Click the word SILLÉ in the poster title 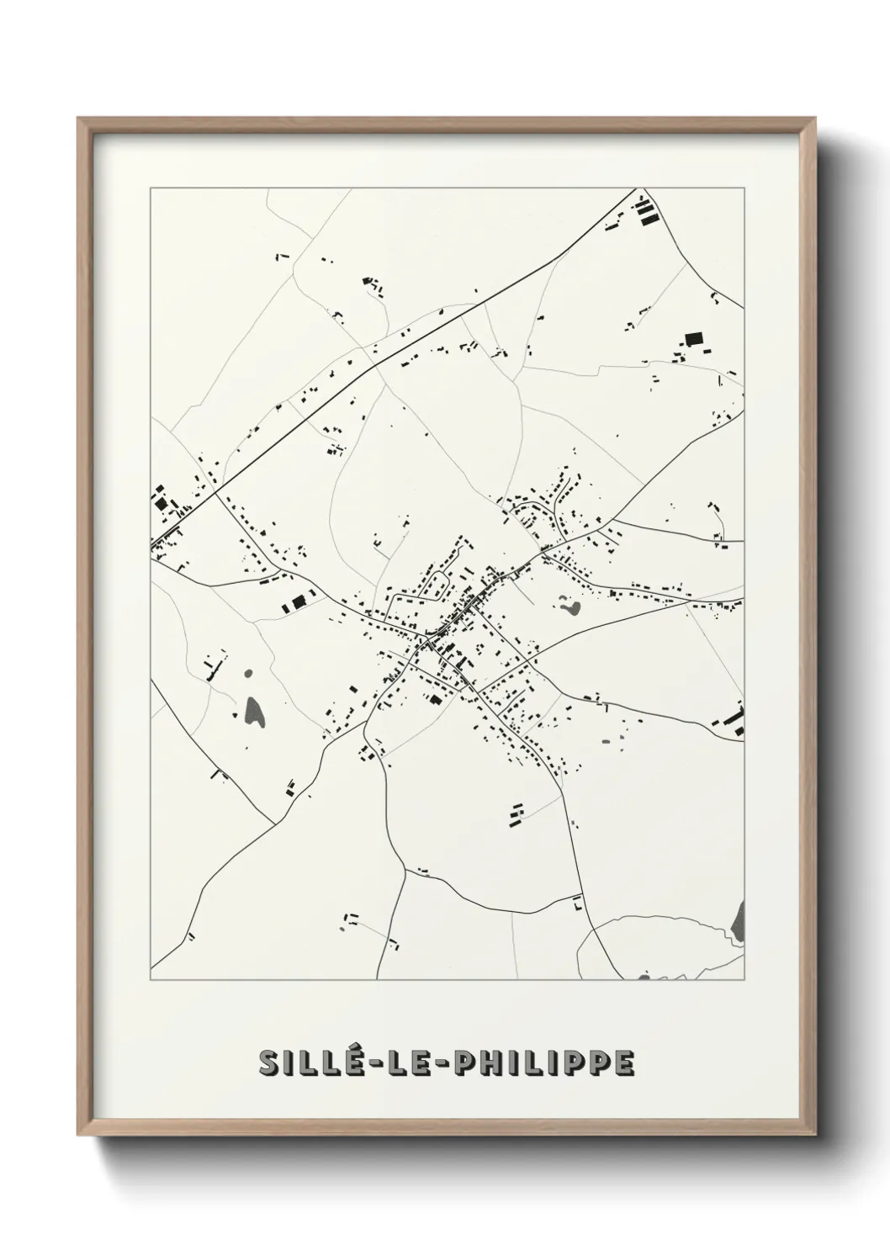pyautogui.click(x=307, y=1062)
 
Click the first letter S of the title pyautogui.click(x=270, y=1062)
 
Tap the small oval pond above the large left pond pyautogui.click(x=248, y=674)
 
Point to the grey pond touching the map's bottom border pyautogui.click(x=644, y=977)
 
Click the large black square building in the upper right pyautogui.click(x=693, y=339)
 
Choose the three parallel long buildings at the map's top pyautogui.click(x=646, y=211)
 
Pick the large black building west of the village pyautogui.click(x=297, y=603)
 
